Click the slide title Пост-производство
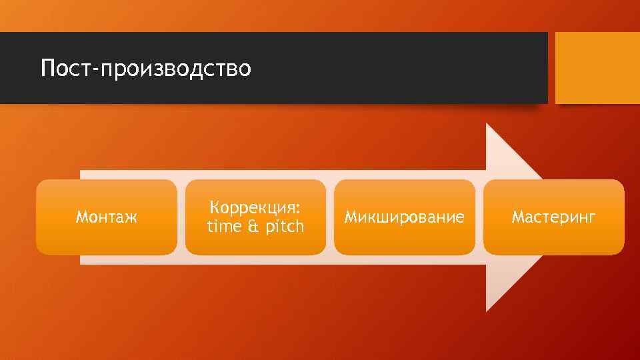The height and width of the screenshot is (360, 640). tap(145, 68)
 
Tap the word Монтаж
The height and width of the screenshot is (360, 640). tap(107, 217)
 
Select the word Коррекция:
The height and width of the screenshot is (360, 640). tap(255, 207)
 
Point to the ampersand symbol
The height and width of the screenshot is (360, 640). tap(253, 227)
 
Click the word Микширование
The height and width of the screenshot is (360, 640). tap(404, 217)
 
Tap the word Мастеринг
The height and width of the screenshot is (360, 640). tap(553, 217)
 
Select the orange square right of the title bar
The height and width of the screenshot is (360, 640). tap(597, 68)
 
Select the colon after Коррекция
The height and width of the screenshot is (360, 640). tap(298, 209)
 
